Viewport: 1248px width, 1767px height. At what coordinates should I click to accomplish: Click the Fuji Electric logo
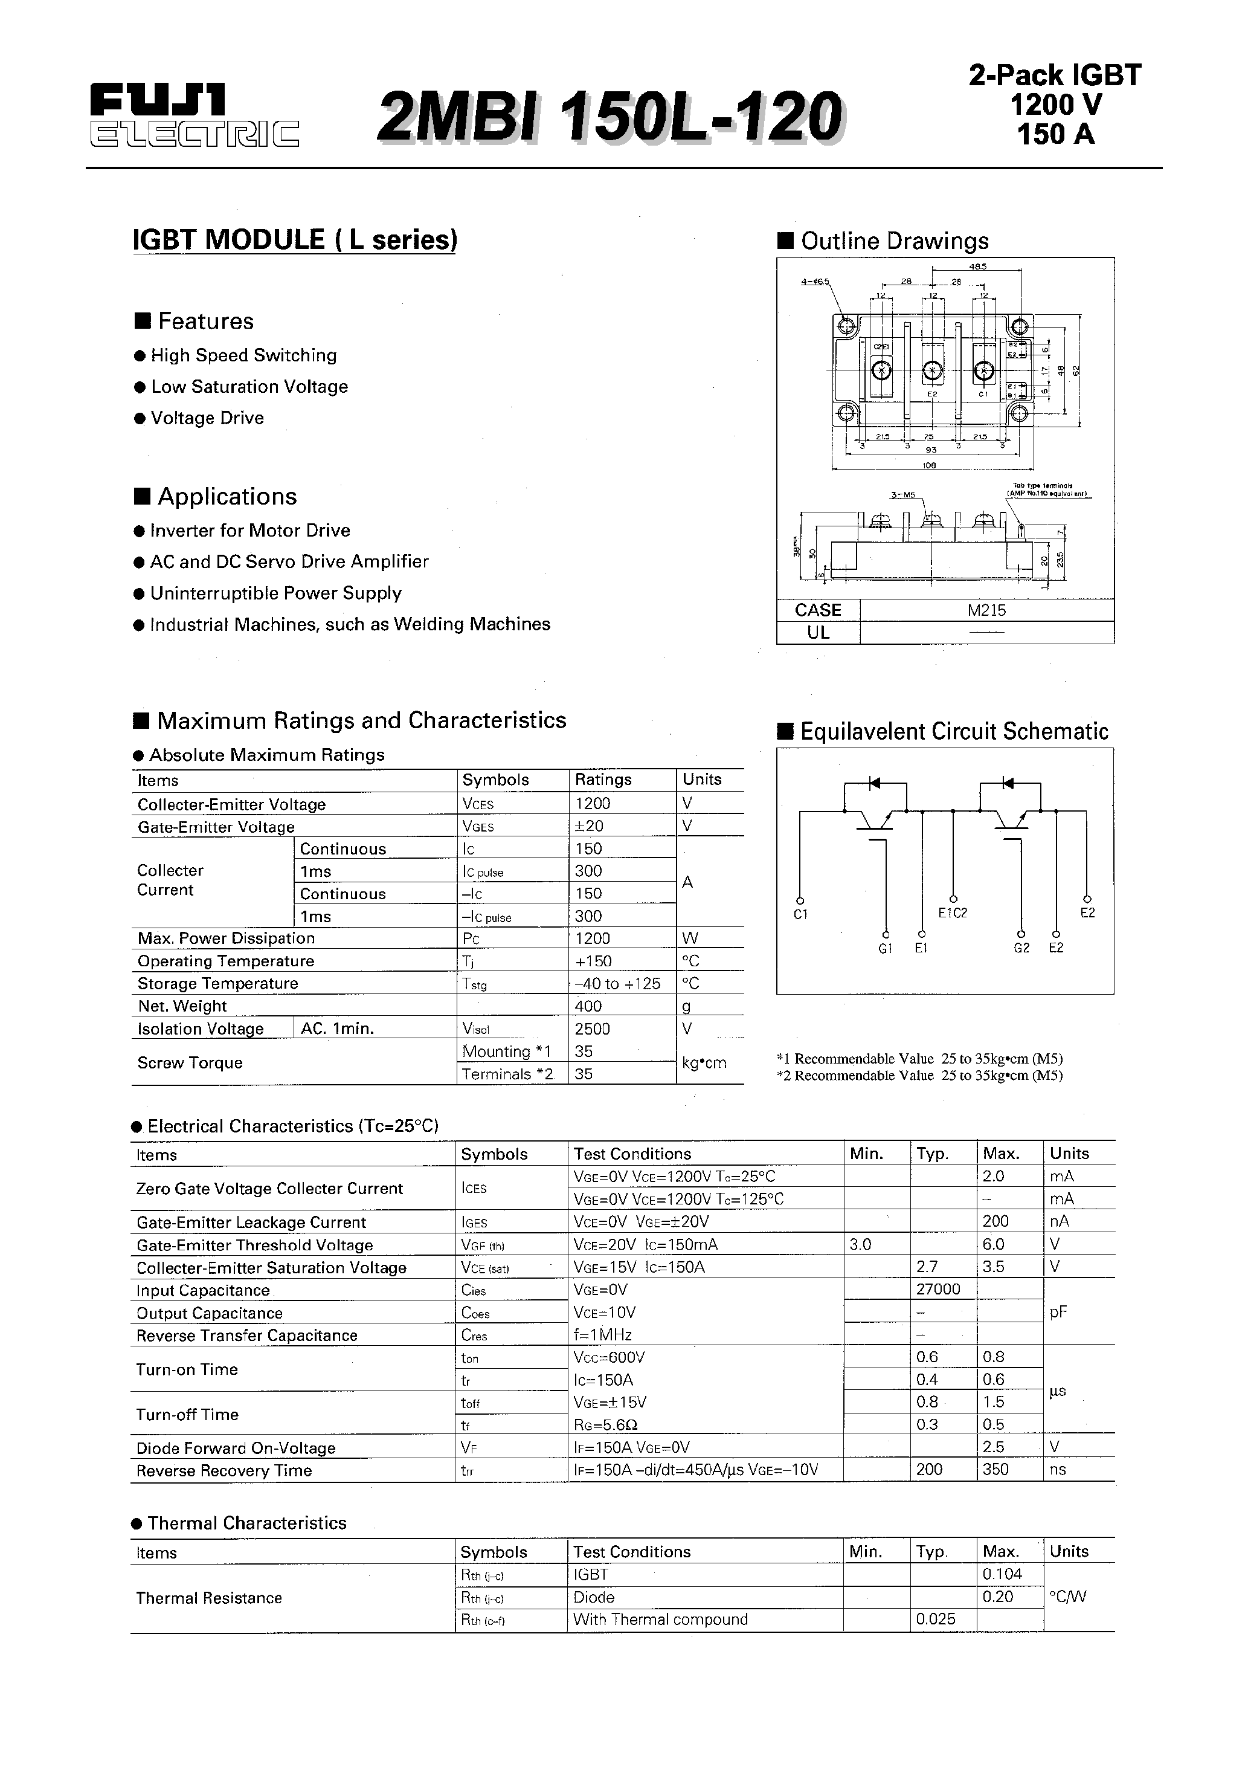coord(193,115)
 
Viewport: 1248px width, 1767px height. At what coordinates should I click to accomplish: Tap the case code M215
coord(986,610)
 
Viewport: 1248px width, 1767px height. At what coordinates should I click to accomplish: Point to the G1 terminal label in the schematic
coord(885,948)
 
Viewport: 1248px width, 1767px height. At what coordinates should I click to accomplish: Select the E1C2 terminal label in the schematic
coord(953,913)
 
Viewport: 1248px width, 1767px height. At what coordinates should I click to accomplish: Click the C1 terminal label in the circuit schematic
coord(800,914)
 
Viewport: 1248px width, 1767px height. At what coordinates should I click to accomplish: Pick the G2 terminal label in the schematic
coord(1021,948)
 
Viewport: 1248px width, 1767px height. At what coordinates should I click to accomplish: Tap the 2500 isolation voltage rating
coord(592,1029)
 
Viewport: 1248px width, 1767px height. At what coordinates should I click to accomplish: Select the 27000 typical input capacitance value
coord(938,1289)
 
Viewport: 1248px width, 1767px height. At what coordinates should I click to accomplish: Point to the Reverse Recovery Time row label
coord(224,1471)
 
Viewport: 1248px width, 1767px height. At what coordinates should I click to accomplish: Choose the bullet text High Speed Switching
coord(243,355)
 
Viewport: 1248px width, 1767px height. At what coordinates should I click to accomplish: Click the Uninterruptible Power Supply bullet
coord(275,593)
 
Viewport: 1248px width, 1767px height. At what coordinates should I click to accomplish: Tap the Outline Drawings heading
coord(894,241)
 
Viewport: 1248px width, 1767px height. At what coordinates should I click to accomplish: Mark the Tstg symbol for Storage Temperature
coord(475,984)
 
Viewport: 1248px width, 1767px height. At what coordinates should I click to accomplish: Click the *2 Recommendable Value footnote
coord(919,1076)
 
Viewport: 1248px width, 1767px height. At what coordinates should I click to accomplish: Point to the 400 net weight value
coord(588,1006)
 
